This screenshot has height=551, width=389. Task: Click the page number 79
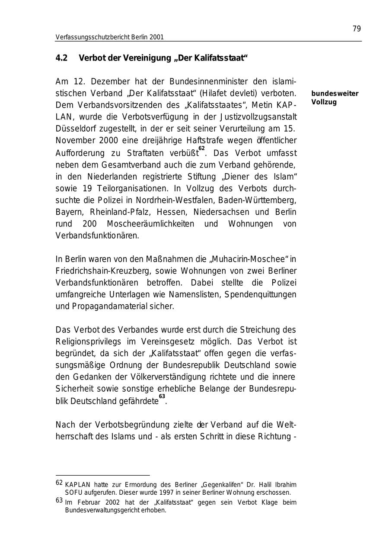[357, 29]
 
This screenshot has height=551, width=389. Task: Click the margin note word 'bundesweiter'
[335, 93]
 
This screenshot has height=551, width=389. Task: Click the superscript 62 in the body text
[201, 148]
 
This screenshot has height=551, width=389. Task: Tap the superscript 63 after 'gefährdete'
[162, 396]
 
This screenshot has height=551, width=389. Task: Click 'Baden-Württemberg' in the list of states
[257, 200]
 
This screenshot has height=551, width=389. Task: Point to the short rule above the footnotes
[102, 475]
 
